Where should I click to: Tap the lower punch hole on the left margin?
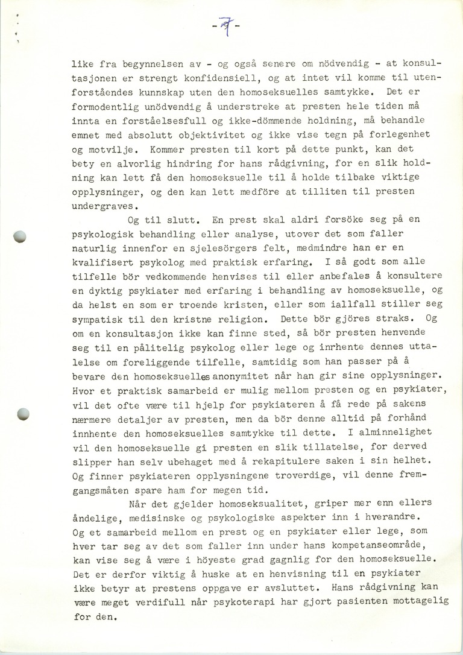24,414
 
